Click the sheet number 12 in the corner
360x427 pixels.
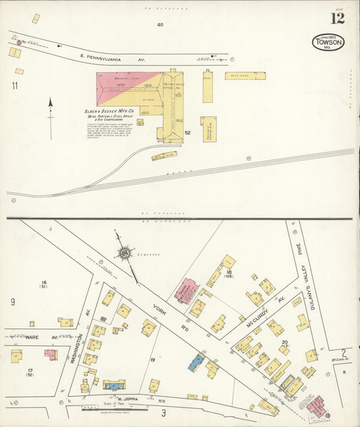point(337,18)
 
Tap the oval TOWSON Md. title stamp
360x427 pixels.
point(328,42)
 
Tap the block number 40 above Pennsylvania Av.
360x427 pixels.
point(160,24)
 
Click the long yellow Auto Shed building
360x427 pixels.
point(245,76)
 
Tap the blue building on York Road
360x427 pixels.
point(196,362)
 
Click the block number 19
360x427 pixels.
point(153,359)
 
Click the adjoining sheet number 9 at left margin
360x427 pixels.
point(12,302)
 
